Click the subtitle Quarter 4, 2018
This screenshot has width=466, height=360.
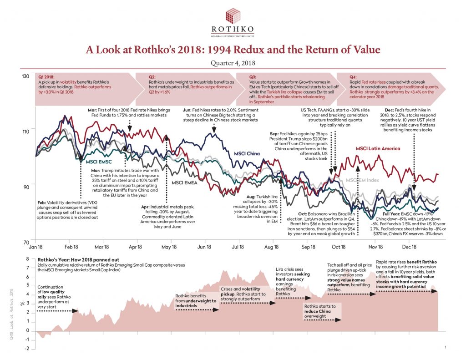click(233, 63)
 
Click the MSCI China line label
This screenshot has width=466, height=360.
click(247, 154)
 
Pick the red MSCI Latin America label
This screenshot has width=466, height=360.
click(378, 148)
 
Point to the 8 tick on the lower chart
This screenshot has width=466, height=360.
click(27, 259)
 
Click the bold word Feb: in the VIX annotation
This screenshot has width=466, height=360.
click(42, 202)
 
